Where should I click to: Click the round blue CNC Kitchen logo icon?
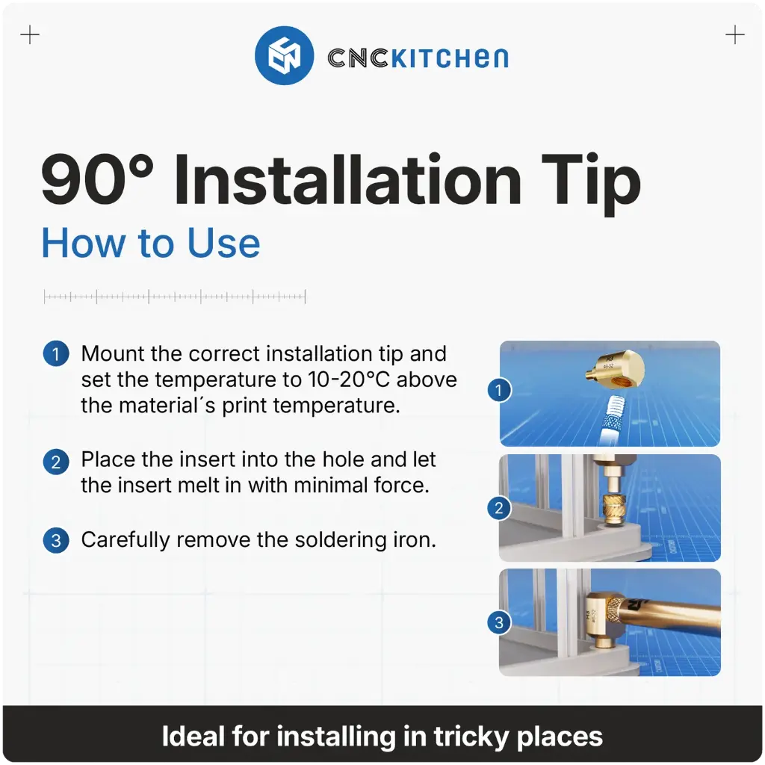coord(283,56)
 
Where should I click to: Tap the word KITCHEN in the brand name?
coord(449,58)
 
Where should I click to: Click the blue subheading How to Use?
coord(151,243)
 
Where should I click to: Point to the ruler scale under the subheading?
coord(175,297)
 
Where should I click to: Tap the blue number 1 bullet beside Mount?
coord(56,354)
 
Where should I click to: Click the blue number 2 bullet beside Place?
coord(56,462)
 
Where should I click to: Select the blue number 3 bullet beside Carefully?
coord(56,540)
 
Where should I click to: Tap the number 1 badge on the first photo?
coord(499,389)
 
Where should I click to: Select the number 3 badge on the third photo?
coord(499,622)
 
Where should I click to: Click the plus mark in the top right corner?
coord(735,35)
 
